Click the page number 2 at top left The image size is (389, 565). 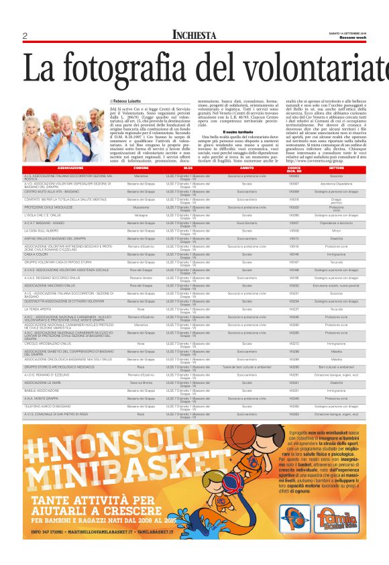[24, 36]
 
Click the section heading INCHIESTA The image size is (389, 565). [194, 35]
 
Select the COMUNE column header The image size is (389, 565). [142, 168]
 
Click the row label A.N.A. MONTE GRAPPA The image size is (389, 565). [40, 398]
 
